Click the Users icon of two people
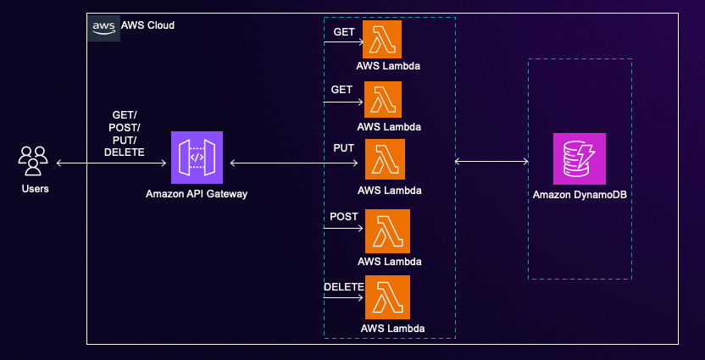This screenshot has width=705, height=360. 34,160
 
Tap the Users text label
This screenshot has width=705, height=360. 35,188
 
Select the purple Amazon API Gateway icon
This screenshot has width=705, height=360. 197,158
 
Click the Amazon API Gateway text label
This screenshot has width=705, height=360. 197,195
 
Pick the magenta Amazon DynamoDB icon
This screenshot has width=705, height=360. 580,158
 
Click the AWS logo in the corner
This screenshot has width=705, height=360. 104,26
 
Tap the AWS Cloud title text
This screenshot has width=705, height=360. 148,26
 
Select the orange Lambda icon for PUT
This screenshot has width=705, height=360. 385,159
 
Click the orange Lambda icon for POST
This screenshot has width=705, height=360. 387,230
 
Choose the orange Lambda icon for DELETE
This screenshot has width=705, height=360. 387,296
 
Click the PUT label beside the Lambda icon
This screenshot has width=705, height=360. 343,147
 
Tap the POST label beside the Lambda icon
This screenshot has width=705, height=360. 343,216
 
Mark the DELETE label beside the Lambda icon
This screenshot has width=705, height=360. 343,286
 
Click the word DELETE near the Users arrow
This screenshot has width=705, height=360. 124,152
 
